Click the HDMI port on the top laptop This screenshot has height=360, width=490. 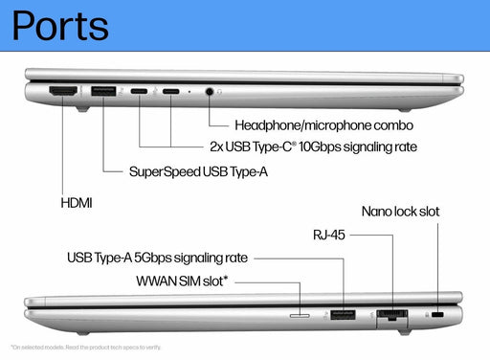tap(63, 92)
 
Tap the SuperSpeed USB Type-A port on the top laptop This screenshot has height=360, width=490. tap(101, 92)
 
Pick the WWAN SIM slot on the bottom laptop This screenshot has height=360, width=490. tap(300, 313)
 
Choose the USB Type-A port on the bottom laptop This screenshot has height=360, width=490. tap(343, 313)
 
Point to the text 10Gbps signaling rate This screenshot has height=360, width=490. tap(343, 148)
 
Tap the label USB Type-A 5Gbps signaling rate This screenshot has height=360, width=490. tap(157, 258)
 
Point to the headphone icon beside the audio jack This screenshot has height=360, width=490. tap(220, 93)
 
